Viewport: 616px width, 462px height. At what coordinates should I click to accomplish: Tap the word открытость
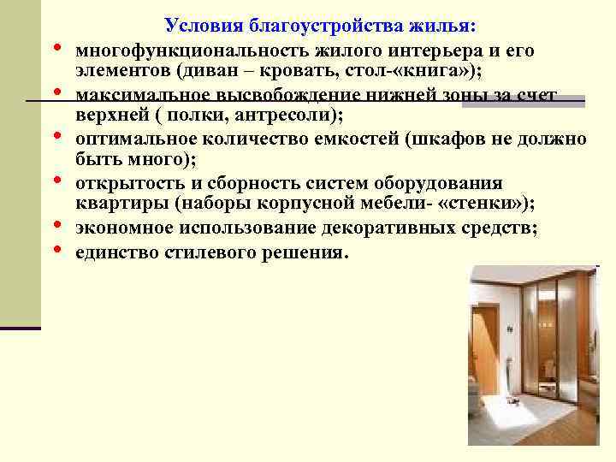121,183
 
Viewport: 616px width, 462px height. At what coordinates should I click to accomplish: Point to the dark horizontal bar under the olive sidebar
21,328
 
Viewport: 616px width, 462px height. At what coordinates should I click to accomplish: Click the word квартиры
115,204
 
